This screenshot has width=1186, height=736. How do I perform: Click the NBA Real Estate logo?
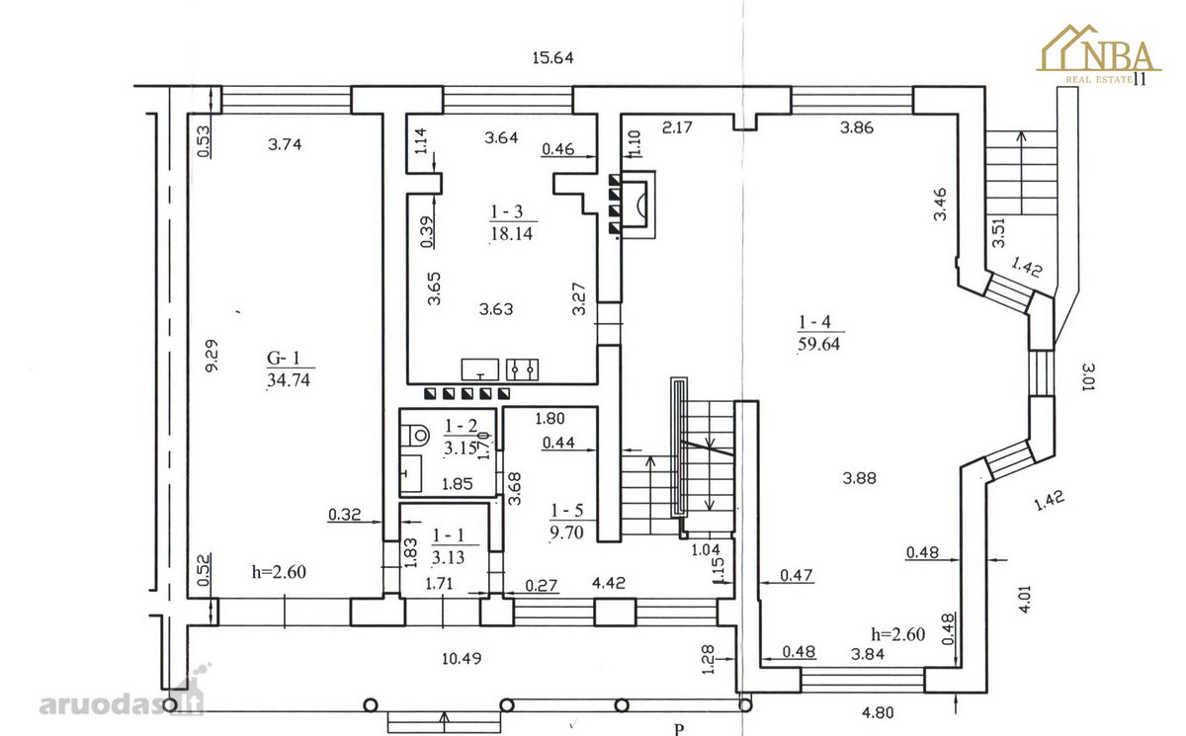pyautogui.click(x=1098, y=54)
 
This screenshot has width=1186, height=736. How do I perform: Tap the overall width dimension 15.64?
pyautogui.click(x=552, y=57)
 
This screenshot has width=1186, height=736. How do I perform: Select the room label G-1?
pyautogui.click(x=284, y=359)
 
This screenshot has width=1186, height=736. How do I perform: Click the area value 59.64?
pyautogui.click(x=818, y=344)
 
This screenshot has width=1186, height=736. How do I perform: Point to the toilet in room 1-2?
pyautogui.click(x=415, y=436)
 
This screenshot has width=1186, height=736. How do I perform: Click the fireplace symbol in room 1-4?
pyautogui.click(x=638, y=204)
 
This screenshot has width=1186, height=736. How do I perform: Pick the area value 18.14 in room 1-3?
pyautogui.click(x=512, y=233)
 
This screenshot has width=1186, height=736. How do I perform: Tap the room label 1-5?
pyautogui.click(x=567, y=511)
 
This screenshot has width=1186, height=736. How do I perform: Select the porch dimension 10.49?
pyautogui.click(x=462, y=658)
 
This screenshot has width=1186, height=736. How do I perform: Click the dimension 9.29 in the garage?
pyautogui.click(x=212, y=356)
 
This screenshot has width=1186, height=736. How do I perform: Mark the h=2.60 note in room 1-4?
pyautogui.click(x=898, y=634)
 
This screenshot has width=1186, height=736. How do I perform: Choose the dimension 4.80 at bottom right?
pyautogui.click(x=878, y=712)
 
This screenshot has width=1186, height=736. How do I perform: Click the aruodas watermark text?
pyautogui.click(x=122, y=704)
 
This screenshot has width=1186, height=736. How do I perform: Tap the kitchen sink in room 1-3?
pyautogui.click(x=480, y=369)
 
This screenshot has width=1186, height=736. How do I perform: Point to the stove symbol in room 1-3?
pyautogui.click(x=523, y=369)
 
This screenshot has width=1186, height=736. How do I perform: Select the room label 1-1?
pyautogui.click(x=448, y=536)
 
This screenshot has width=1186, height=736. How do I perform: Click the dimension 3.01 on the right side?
pyautogui.click(x=1088, y=376)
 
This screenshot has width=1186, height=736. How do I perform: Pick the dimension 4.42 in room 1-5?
pyautogui.click(x=609, y=583)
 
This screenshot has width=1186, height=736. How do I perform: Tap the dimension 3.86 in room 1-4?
pyautogui.click(x=857, y=127)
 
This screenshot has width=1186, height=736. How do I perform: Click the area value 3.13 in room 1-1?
pyautogui.click(x=448, y=557)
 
